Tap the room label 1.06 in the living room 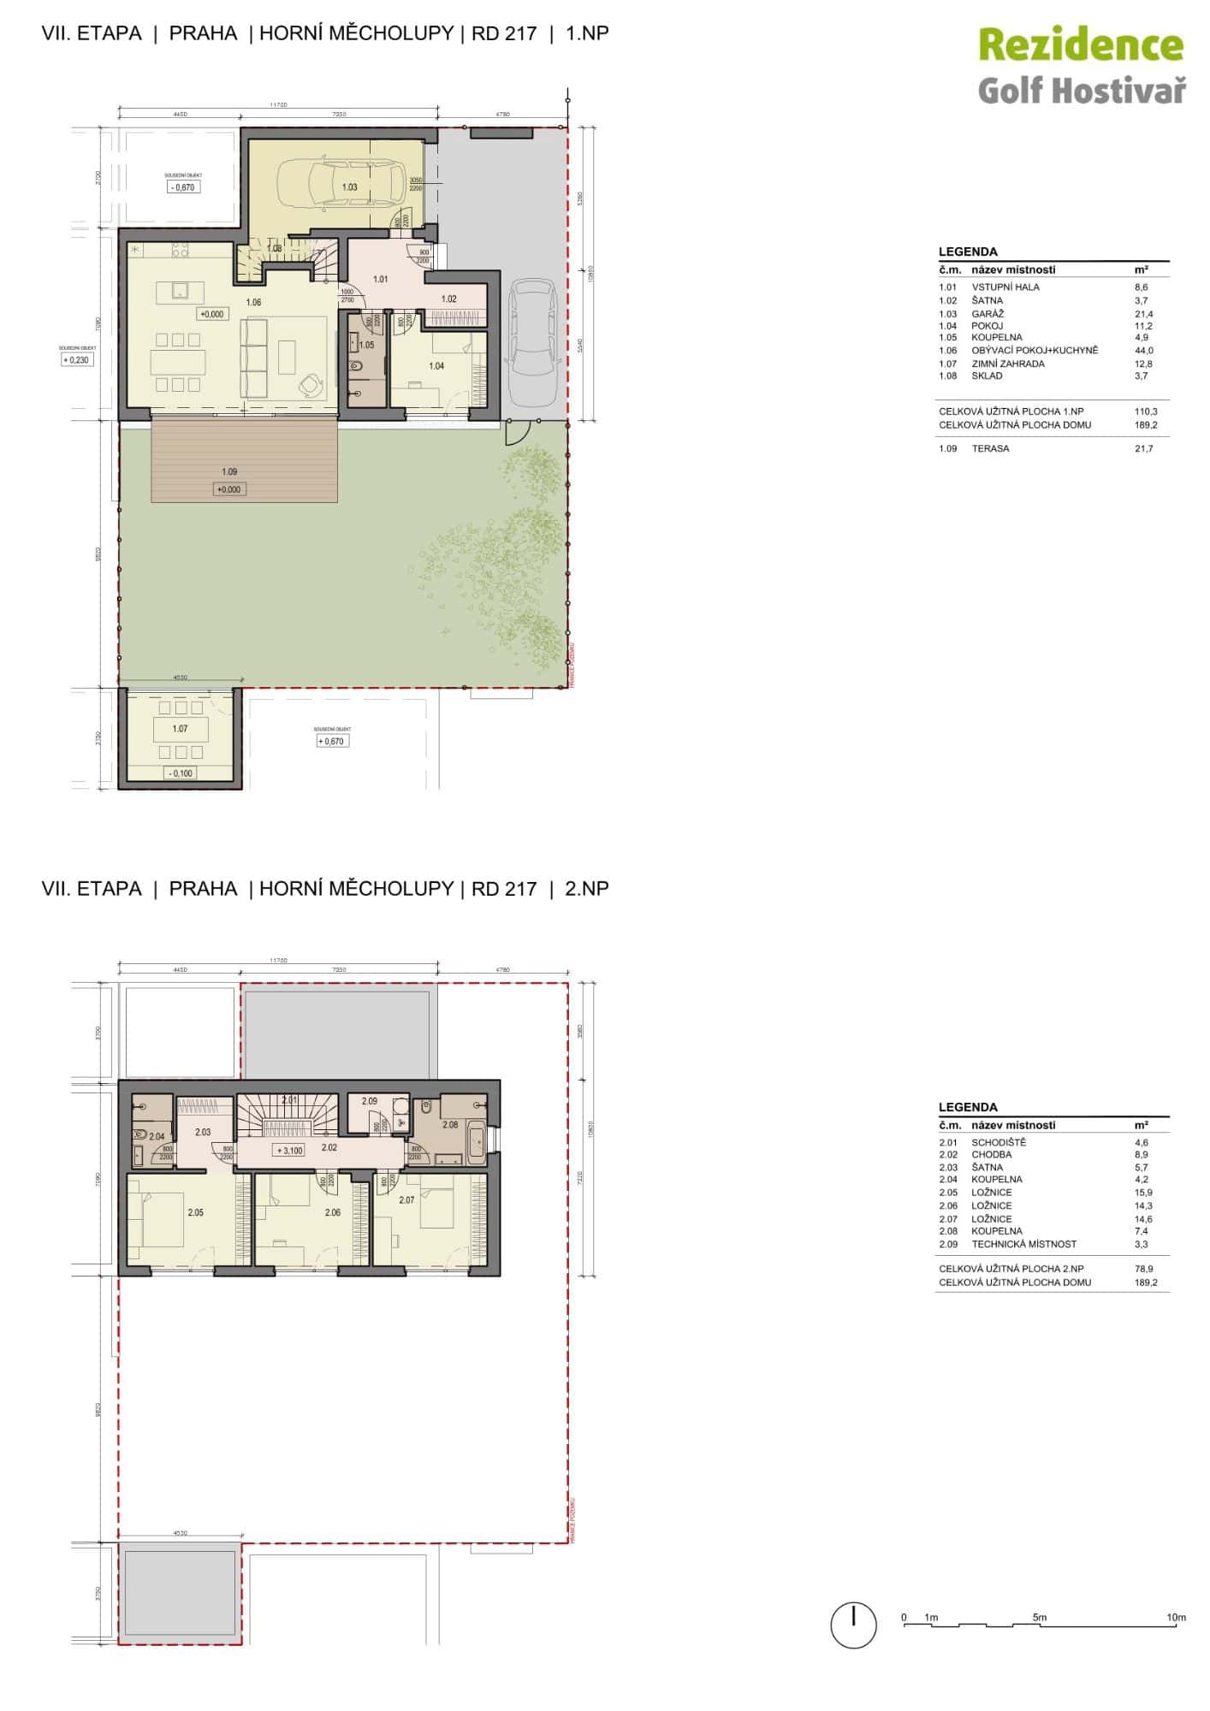point(253,302)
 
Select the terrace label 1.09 point(229,471)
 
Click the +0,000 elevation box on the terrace point(228,489)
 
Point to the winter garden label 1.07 point(180,729)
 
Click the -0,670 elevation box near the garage point(182,186)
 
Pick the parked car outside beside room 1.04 point(531,346)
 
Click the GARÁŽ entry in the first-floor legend point(988,314)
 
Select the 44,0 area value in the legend point(1144,350)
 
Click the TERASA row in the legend point(990,448)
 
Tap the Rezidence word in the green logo point(1080,46)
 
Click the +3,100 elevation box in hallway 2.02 point(290,1150)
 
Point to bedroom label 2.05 point(196,1212)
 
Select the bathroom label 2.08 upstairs point(449,1125)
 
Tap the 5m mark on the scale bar point(1039,1617)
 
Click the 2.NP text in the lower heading point(586,888)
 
